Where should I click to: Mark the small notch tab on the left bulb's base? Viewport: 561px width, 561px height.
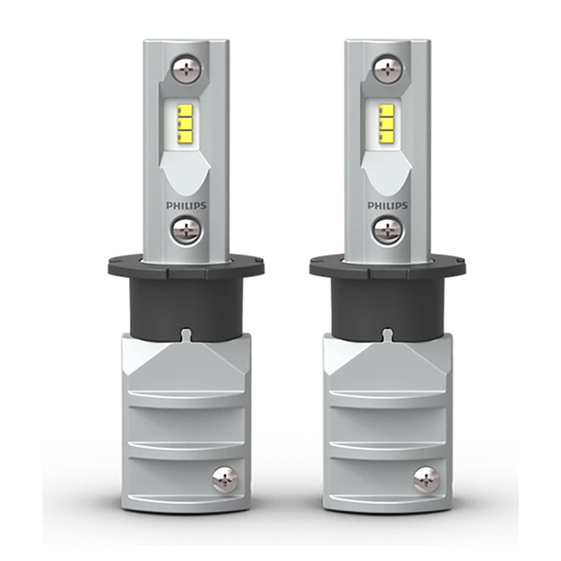pos(186,334)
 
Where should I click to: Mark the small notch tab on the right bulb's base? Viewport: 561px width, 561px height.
pos(386,334)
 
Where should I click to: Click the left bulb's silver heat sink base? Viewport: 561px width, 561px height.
pos(186,421)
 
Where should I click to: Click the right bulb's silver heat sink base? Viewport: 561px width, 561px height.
pos(386,421)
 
